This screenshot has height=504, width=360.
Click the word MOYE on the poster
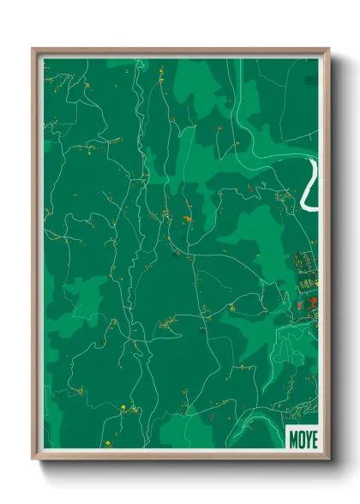pyautogui.click(x=303, y=437)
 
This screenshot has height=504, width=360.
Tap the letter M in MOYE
pyautogui.click(x=294, y=437)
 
